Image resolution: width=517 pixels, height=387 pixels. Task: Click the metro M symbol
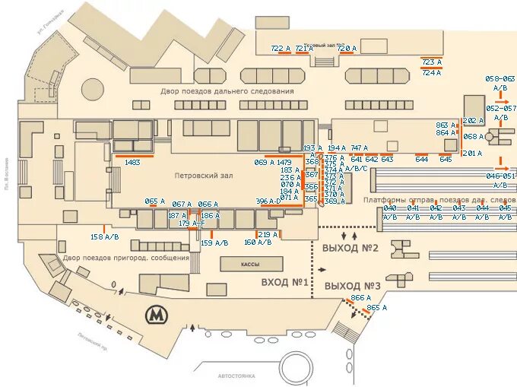[157, 313]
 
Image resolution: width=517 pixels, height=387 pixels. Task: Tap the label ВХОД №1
[284, 283]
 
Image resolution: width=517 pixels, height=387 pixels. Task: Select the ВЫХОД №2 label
[350, 249]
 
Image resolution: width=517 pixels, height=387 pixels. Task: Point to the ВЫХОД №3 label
[352, 286]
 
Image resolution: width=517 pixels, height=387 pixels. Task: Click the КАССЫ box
[250, 264]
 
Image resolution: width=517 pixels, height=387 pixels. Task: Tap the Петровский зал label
[202, 176]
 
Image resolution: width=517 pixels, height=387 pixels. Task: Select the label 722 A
[281, 48]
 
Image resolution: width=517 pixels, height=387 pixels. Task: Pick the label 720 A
[347, 48]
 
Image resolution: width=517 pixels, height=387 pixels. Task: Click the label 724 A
[431, 73]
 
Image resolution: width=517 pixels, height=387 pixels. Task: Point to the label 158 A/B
[105, 237]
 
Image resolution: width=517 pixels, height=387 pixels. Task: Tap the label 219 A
[269, 234]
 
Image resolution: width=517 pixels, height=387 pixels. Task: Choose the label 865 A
[377, 308]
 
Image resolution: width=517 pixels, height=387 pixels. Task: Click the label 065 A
[155, 201]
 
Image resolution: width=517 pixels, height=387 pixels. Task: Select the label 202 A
[472, 121]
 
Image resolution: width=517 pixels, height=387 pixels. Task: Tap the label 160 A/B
[258, 243]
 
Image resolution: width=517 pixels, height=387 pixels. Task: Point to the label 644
[422, 160]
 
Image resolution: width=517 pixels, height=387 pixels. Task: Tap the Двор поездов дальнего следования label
[227, 91]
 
